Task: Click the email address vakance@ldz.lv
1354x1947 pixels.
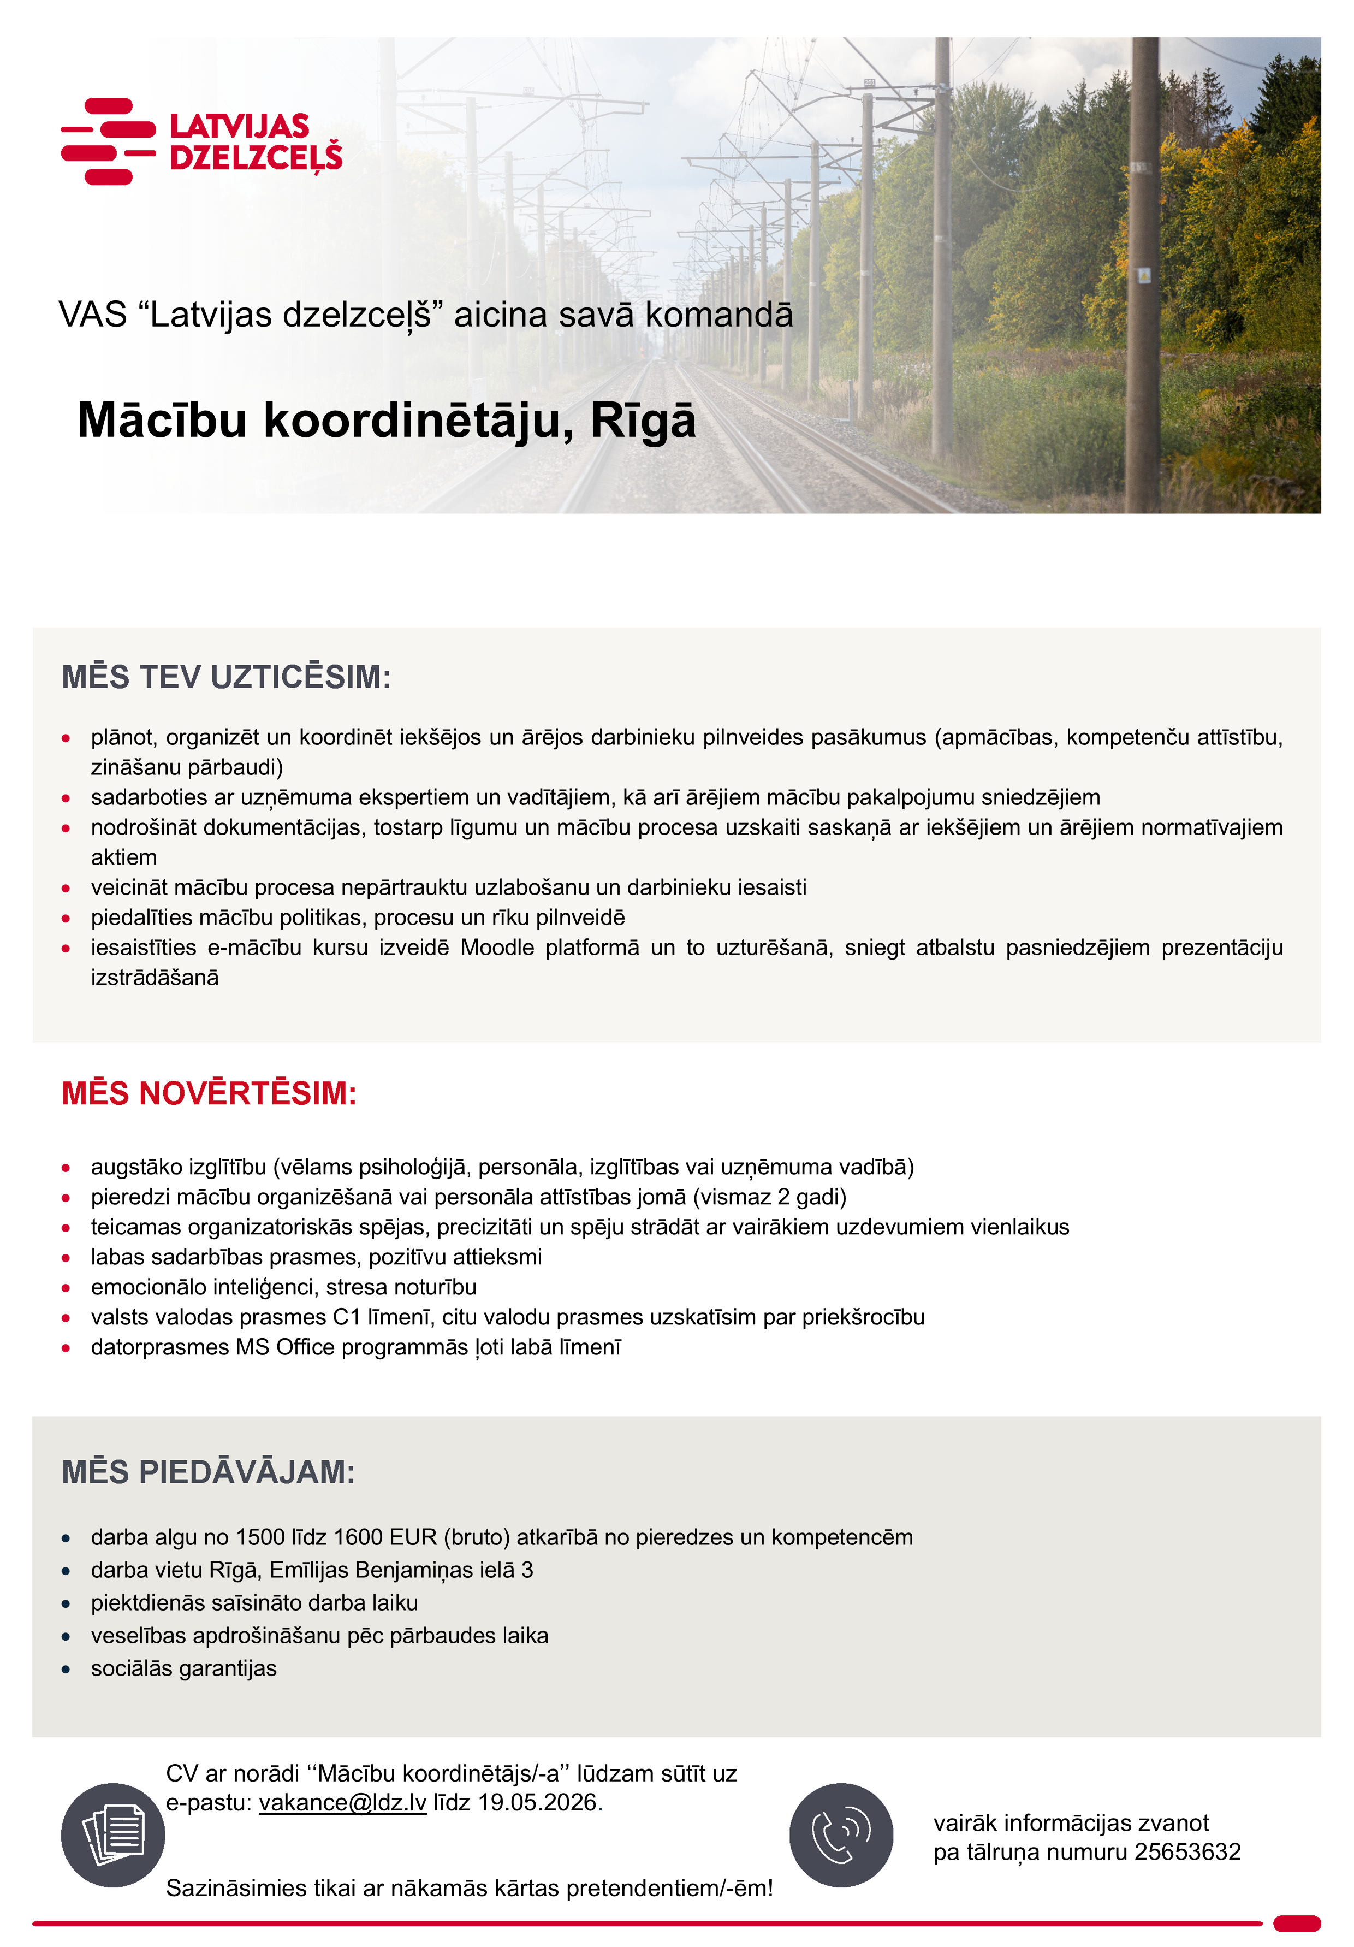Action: click(342, 1802)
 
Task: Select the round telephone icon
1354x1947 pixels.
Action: click(840, 1835)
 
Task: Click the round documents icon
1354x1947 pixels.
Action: click(113, 1835)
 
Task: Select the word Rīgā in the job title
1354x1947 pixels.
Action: click(643, 421)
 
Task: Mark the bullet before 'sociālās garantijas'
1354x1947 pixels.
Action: click(66, 1669)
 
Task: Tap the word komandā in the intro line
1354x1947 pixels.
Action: click(719, 315)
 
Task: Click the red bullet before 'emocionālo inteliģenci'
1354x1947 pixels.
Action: click(66, 1287)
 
